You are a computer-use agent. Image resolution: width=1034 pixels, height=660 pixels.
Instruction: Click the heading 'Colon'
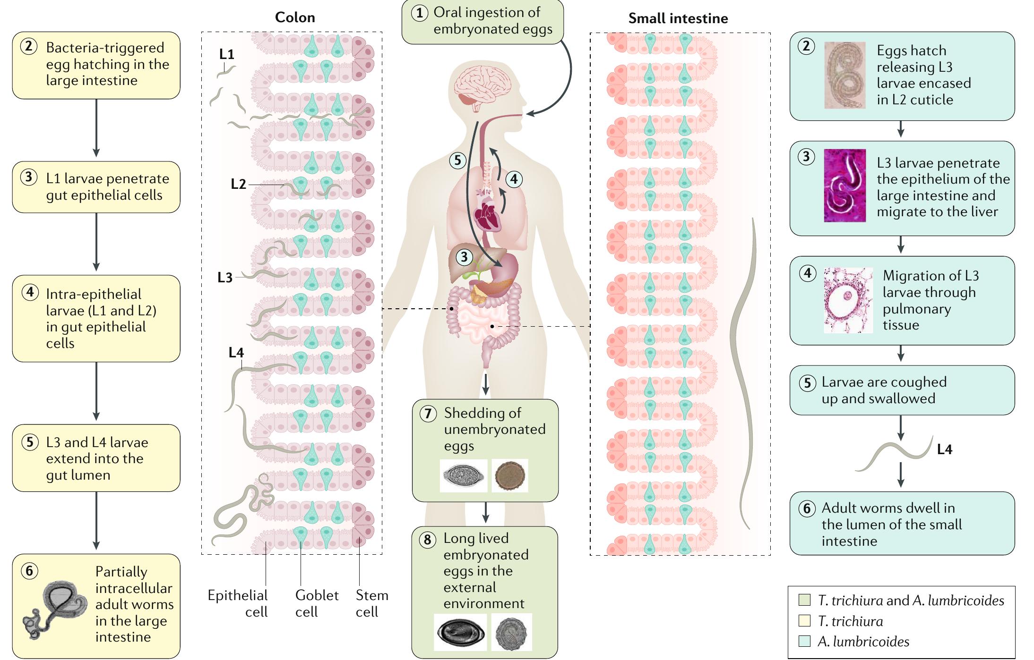[295, 17]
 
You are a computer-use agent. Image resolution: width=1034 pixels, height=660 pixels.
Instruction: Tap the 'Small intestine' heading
[678, 18]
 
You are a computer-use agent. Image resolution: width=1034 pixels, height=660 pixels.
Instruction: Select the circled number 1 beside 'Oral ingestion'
[419, 13]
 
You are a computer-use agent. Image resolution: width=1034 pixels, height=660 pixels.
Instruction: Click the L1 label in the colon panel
[227, 54]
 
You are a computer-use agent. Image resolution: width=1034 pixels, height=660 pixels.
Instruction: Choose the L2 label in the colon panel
[238, 184]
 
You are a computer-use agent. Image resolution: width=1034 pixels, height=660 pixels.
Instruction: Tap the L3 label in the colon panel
[225, 278]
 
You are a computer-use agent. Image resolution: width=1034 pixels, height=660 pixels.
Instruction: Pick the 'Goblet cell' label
[317, 603]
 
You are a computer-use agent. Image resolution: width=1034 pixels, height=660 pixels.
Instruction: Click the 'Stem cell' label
[372, 603]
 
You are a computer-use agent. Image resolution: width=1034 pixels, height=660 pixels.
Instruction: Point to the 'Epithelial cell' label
[238, 603]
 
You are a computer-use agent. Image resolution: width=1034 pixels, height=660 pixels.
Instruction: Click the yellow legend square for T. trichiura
[804, 621]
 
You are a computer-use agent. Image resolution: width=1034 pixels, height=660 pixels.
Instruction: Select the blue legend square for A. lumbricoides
[804, 641]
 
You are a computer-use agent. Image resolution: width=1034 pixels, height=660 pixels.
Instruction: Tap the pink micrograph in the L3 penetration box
[844, 186]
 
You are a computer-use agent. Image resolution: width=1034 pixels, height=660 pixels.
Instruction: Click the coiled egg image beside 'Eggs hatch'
[844, 75]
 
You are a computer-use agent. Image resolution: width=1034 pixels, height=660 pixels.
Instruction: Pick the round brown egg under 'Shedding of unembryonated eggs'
[510, 476]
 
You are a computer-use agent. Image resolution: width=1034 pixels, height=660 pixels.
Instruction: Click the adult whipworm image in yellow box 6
[56, 609]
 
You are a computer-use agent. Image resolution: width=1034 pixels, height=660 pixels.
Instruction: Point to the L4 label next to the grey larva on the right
[944, 449]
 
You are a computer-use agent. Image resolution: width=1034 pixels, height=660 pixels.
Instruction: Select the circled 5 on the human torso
[457, 161]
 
